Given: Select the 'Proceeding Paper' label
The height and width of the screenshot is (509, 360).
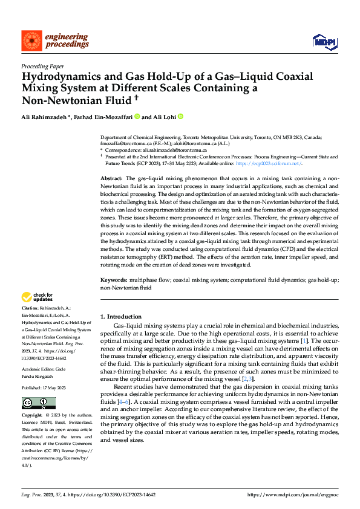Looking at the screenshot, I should [x=42, y=66].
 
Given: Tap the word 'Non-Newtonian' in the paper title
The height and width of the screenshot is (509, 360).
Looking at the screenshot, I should [x=63, y=100].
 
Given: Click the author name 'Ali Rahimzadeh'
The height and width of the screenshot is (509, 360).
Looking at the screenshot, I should [x=45, y=116].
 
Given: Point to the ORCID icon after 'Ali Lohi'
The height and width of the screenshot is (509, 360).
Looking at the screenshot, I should [x=180, y=116].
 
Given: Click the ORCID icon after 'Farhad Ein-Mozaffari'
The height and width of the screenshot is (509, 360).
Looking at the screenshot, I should [x=137, y=116].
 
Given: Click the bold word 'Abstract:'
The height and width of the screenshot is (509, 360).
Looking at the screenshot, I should [x=111, y=179].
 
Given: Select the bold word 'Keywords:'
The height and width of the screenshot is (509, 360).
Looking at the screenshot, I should [x=114, y=280].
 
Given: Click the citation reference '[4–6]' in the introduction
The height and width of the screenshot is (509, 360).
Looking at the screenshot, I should [x=123, y=384].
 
